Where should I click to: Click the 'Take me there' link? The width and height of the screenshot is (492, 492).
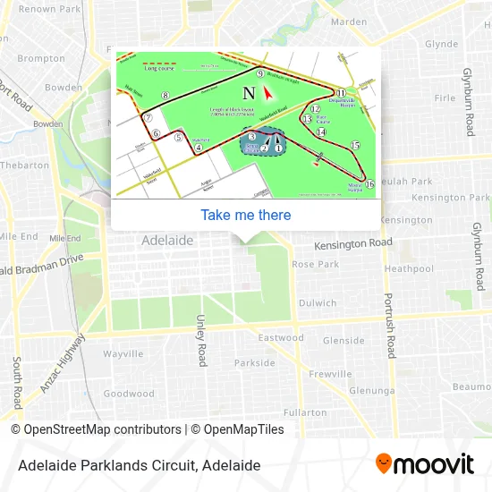246,215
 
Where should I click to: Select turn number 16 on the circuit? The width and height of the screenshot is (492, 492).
369,184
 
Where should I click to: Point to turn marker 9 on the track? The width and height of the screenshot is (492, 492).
260,74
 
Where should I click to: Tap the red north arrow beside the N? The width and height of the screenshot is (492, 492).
267,92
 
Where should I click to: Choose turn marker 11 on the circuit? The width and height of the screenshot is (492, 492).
341,92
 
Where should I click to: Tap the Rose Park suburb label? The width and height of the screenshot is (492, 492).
315,264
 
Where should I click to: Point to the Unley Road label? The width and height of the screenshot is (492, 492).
202,340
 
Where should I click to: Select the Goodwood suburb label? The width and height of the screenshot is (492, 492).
129,394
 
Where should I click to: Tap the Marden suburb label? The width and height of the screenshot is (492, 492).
349,21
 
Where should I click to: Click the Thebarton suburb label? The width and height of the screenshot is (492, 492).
24,165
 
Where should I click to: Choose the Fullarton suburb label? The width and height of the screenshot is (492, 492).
304,412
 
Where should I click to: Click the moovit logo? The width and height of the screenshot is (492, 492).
425,464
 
